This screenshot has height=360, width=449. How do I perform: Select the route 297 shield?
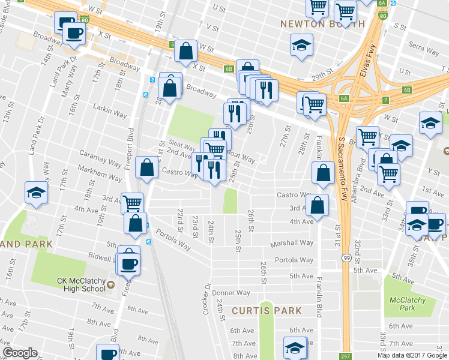point(345,356)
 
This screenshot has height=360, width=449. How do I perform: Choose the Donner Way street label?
point(231,293)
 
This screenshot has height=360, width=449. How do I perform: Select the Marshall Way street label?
point(292,242)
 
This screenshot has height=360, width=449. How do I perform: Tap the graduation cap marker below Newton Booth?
point(301,44)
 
